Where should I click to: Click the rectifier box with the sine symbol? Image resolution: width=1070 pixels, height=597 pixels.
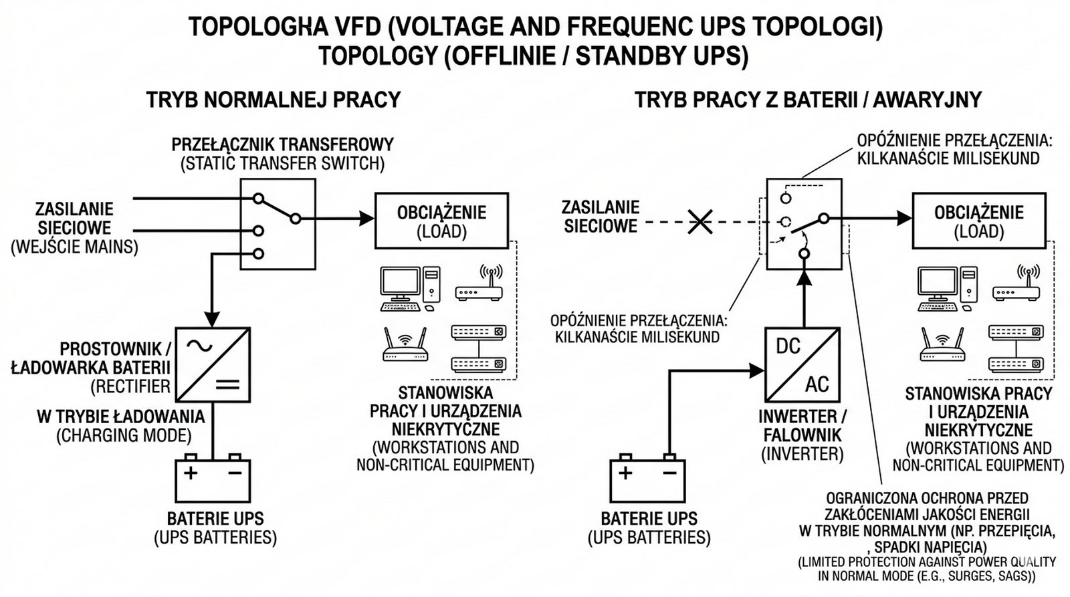[x=213, y=364]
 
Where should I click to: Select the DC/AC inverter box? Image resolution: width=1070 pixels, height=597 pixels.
[x=802, y=364]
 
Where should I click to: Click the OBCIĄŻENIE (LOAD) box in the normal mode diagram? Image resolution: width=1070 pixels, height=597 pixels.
[x=441, y=221]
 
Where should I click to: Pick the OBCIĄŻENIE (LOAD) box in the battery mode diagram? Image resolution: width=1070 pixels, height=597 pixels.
[x=978, y=221]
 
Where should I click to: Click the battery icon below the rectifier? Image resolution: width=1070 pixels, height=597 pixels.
[x=213, y=479]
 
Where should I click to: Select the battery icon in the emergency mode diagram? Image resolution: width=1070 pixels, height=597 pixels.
[x=647, y=479]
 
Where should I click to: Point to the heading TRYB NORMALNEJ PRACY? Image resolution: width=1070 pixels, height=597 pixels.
[x=273, y=100]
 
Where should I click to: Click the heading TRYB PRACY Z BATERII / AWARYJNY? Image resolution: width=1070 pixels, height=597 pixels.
[x=808, y=100]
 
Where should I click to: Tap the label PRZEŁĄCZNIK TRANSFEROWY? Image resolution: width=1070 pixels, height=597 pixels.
[x=282, y=144]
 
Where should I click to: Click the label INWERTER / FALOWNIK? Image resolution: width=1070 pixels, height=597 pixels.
[x=802, y=426]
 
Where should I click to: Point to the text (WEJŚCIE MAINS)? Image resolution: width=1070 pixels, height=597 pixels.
[x=74, y=247]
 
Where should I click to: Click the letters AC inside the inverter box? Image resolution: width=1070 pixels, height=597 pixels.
[x=817, y=384]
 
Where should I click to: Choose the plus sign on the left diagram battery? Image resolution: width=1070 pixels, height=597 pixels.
[x=191, y=473]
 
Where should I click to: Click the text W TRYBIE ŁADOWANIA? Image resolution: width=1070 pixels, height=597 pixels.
[x=120, y=416]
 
